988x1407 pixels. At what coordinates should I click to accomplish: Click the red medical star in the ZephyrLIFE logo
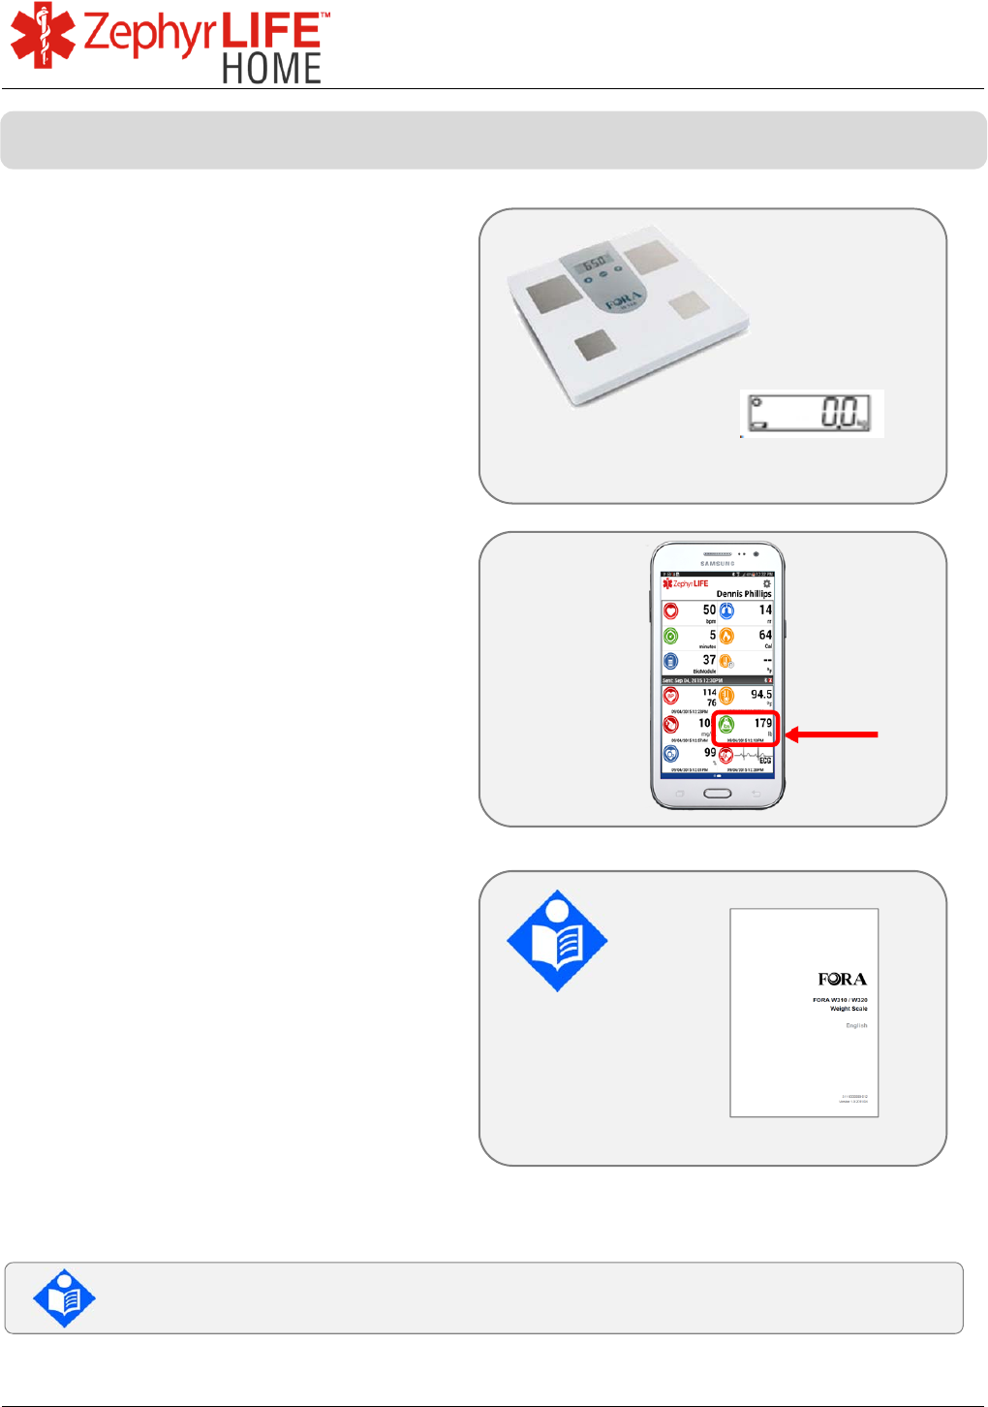pos(43,37)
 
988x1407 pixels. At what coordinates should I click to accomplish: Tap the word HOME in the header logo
pos(271,69)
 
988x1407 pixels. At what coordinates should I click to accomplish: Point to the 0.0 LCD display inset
pos(812,414)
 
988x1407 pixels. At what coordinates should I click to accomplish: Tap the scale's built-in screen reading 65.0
pos(593,262)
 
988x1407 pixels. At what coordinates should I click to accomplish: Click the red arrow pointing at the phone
pos(831,735)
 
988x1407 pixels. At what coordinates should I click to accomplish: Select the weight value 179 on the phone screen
pos(763,723)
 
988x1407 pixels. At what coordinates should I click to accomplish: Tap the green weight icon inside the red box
pos(726,725)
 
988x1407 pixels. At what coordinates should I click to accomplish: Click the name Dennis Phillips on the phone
pos(743,594)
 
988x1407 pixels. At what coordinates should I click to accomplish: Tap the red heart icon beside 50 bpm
pos(671,611)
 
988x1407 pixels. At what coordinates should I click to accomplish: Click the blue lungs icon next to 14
pos(726,610)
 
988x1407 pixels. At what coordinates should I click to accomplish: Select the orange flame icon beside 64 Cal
pos(726,636)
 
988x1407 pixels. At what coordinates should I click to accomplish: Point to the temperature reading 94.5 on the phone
pos(761,695)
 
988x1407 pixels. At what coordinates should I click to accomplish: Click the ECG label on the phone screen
pos(764,761)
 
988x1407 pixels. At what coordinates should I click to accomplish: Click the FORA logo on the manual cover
pos(842,980)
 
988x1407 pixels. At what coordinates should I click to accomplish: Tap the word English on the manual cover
pos(856,1025)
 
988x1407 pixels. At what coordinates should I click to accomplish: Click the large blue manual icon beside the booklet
pos(557,941)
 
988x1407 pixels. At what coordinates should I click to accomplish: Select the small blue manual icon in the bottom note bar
pos(64,1298)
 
